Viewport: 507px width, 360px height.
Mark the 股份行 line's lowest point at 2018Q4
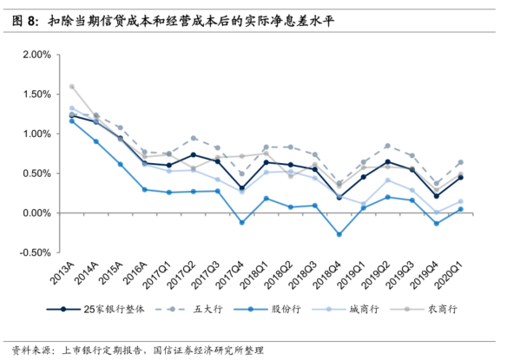point(339,234)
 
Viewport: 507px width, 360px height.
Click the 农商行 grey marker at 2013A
point(72,87)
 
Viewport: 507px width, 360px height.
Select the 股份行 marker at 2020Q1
point(460,209)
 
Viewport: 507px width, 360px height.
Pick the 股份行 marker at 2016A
point(145,189)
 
